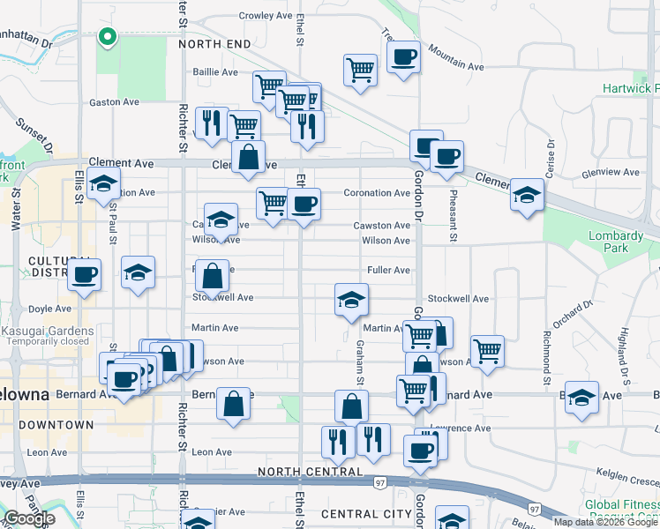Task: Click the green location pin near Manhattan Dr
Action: pyautogui.click(x=108, y=37)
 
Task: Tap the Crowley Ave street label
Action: pyautogui.click(x=265, y=16)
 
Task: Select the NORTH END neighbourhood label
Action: pyautogui.click(x=214, y=43)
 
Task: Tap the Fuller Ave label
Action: pyautogui.click(x=388, y=270)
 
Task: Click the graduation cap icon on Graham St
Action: pyautogui.click(x=351, y=300)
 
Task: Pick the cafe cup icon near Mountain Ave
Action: pyautogui.click(x=403, y=57)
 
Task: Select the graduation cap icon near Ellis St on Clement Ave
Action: pyautogui.click(x=104, y=183)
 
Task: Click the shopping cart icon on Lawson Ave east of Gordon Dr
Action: pyautogui.click(x=487, y=351)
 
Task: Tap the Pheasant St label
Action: pyautogui.click(x=453, y=217)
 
